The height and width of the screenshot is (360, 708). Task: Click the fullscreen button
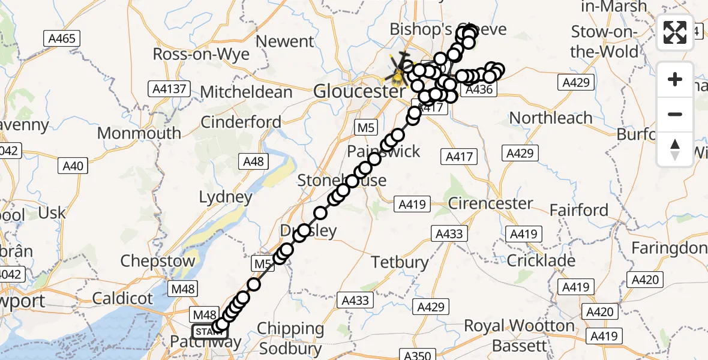[675, 32]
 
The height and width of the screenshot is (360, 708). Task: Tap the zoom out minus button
[675, 114]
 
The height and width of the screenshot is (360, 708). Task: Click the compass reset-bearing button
[675, 149]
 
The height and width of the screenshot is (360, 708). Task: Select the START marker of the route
[210, 331]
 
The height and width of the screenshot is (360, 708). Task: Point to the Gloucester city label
[359, 91]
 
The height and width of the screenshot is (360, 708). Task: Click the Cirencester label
[490, 203]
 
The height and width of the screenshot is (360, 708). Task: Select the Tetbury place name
[400, 262]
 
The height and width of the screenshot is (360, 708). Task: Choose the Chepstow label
[158, 261]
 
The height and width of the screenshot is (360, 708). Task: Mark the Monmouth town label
[139, 133]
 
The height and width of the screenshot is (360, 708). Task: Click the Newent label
[285, 41]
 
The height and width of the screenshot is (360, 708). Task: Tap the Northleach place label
[550, 118]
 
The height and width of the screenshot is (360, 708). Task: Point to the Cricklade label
[541, 260]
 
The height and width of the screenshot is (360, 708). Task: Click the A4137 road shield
[169, 90]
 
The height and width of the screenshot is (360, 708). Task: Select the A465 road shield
[62, 39]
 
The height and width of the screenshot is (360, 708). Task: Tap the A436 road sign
[479, 90]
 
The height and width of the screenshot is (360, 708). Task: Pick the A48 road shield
[252, 161]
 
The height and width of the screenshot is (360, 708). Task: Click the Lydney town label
[226, 197]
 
